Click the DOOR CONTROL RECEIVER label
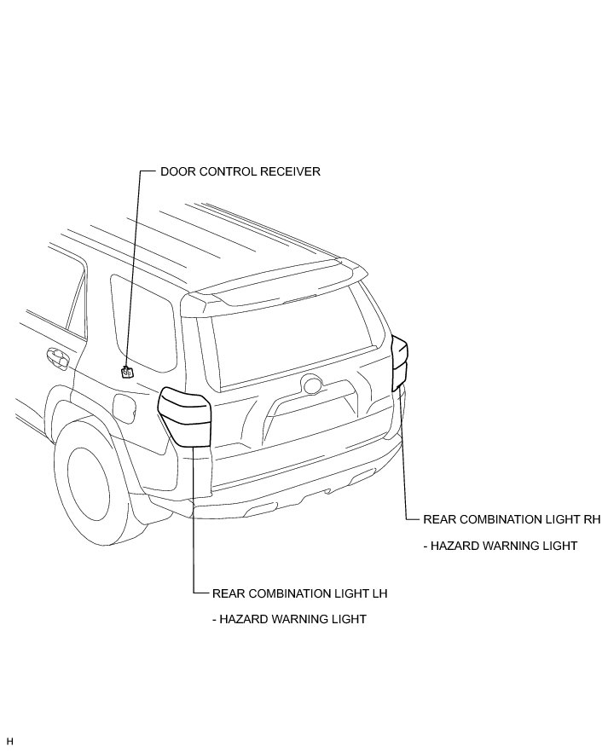click(x=240, y=171)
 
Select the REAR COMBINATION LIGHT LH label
click(x=300, y=592)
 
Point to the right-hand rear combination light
click(x=399, y=363)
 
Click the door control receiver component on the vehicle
click(x=127, y=371)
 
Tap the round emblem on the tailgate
click(x=310, y=385)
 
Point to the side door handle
click(x=57, y=357)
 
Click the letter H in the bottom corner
click(x=9, y=742)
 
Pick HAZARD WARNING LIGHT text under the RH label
click(x=500, y=546)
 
